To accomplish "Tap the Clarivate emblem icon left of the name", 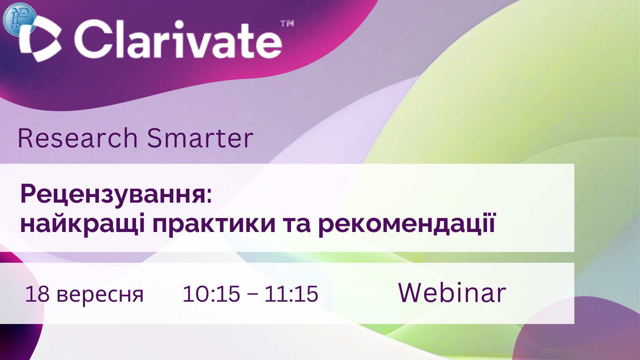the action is pos(40,39).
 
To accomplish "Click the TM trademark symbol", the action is pos(287,24).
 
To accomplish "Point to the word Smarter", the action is pos(200,138).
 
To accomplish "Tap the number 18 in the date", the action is pos(37,294).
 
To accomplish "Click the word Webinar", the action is pos(452,293).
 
